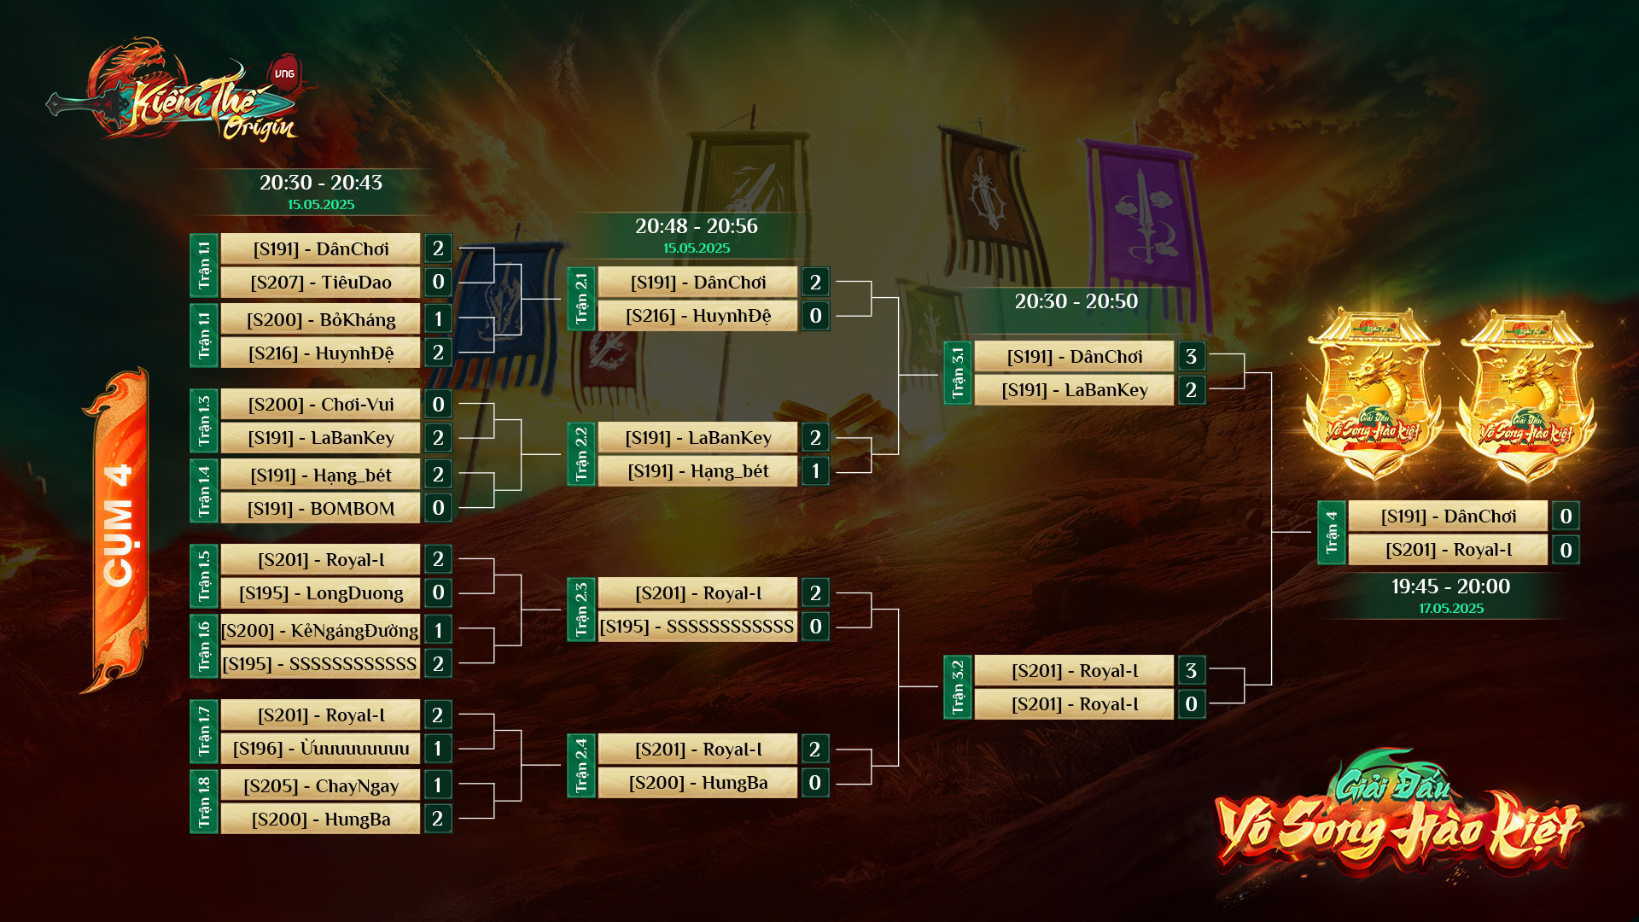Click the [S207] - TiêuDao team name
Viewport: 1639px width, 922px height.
point(320,283)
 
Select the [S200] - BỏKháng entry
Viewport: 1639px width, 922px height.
point(320,320)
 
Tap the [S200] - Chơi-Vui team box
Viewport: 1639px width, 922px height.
point(320,405)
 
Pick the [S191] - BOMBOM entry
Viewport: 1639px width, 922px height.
point(320,509)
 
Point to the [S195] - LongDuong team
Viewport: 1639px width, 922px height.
point(320,593)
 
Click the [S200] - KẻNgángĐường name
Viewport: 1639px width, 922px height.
point(319,631)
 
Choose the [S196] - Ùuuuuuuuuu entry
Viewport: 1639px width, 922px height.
point(320,749)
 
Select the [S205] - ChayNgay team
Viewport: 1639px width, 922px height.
point(320,786)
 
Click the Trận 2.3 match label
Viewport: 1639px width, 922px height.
point(581,610)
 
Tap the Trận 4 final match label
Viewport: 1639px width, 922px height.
point(1332,533)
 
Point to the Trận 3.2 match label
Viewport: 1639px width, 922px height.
point(958,687)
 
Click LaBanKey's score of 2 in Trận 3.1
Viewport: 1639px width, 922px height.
point(1191,390)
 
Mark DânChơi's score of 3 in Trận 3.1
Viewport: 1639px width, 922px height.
point(1191,357)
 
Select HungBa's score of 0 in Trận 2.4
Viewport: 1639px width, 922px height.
point(814,783)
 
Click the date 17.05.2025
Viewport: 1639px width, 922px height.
point(1451,609)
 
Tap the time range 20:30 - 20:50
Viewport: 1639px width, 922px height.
point(1076,301)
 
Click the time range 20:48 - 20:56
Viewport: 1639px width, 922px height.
point(696,226)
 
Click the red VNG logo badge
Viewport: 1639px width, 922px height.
point(284,73)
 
